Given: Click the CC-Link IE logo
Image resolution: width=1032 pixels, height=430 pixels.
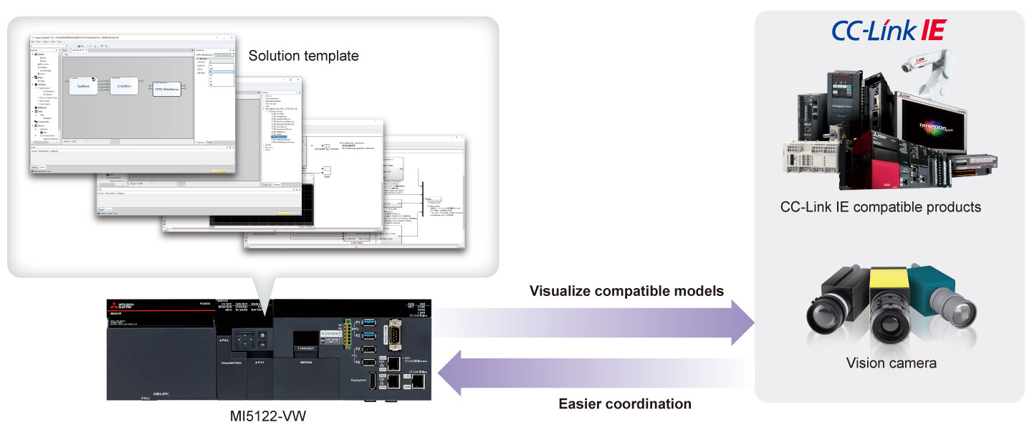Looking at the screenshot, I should (x=889, y=30).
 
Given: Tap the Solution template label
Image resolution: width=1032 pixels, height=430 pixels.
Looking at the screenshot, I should (x=303, y=55).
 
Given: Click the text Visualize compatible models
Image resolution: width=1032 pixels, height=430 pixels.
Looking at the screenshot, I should (x=626, y=291).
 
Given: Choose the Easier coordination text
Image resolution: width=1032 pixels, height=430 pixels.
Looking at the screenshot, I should (x=625, y=403).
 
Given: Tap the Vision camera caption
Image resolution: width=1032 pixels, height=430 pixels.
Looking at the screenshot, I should (x=891, y=363).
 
